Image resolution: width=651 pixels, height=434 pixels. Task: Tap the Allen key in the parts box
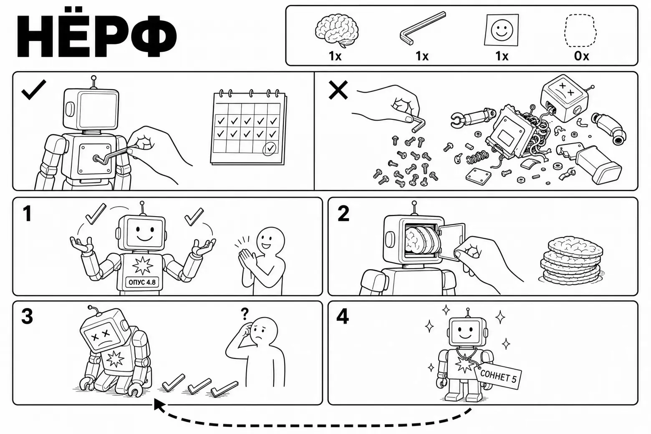(x=422, y=28)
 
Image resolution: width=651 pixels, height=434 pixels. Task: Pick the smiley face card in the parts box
(x=501, y=30)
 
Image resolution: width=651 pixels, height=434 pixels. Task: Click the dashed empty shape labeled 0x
(x=580, y=30)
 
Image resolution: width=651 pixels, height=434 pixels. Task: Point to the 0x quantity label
(x=581, y=56)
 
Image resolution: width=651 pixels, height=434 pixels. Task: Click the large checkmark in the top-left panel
(x=34, y=90)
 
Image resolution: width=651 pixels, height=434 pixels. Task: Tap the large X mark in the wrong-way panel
(x=338, y=90)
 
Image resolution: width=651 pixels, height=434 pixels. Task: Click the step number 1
(x=27, y=214)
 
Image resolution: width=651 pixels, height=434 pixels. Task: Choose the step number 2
(x=343, y=214)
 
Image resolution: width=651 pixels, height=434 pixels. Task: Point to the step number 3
(x=27, y=316)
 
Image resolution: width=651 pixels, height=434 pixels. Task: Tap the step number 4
(x=342, y=316)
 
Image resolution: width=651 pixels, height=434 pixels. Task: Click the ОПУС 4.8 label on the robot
(x=142, y=282)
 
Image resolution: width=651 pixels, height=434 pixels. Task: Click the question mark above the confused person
(x=245, y=314)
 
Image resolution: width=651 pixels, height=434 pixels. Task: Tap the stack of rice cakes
(x=571, y=260)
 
